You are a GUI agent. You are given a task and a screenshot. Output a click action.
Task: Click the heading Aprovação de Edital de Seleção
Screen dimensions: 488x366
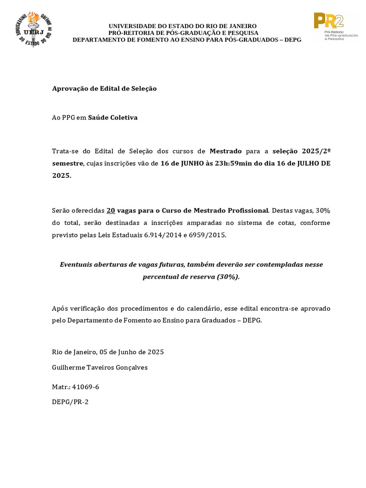(104, 89)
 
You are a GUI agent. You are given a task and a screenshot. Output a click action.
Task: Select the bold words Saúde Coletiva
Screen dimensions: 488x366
(113, 118)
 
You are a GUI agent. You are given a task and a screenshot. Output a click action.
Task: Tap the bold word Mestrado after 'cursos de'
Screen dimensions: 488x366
(226, 152)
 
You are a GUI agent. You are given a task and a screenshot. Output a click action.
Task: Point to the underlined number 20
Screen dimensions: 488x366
(111, 211)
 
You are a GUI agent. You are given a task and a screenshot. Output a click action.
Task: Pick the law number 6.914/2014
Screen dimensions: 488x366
(162, 235)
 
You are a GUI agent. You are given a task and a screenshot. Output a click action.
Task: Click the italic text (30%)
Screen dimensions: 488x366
(227, 277)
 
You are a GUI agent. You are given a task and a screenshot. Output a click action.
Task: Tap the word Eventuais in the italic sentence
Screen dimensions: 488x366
(76, 264)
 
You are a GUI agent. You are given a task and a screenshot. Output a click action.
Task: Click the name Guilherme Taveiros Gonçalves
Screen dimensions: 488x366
(100, 367)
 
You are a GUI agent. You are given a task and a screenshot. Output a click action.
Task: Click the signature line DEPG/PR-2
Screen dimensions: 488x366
(70, 402)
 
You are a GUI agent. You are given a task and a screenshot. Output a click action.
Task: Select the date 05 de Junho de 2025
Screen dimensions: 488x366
(132, 352)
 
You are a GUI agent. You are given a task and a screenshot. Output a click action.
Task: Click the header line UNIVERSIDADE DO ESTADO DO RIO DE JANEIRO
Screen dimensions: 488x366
(183, 26)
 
